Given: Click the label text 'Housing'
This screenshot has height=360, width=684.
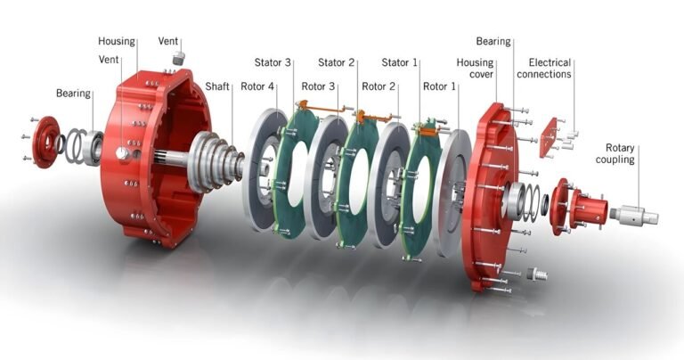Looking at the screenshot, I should point(116,42).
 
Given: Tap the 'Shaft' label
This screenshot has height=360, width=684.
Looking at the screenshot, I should point(218,86).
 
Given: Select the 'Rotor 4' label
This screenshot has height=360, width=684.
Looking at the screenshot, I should point(258,86).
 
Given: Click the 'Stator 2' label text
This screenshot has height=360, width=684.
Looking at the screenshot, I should point(338,62).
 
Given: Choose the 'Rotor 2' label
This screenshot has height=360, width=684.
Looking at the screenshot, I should point(379,86).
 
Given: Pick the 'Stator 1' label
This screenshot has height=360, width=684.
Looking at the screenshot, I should point(400,62).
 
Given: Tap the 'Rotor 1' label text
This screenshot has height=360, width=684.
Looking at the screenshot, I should point(440,86).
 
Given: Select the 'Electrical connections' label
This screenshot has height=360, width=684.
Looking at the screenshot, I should point(550,69).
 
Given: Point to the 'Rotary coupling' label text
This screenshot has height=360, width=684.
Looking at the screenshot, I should point(620,153).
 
